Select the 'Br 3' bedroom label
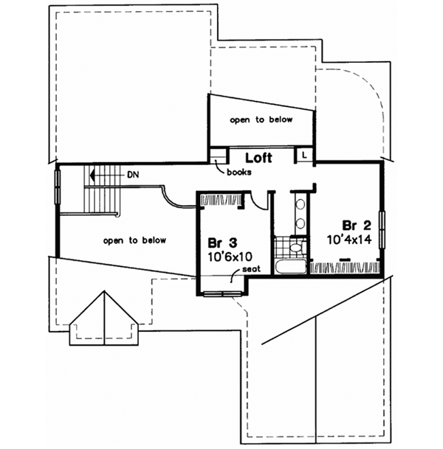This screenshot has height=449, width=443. point(222,243)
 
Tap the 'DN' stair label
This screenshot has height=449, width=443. point(133,175)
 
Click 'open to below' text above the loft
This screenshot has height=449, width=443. point(261,119)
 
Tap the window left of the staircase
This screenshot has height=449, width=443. point(58,189)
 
